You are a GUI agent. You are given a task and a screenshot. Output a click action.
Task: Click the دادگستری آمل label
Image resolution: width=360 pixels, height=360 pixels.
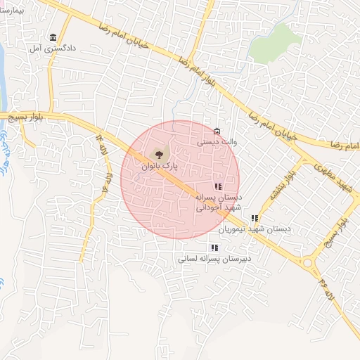pos(47,49)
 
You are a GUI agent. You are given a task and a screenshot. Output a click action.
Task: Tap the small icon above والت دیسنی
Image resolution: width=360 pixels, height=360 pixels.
pos(217,131)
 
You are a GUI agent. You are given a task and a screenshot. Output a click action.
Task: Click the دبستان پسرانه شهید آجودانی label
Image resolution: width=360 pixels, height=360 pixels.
pos(218,202)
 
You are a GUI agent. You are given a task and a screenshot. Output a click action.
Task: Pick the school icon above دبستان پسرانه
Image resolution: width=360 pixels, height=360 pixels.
pos(218,187)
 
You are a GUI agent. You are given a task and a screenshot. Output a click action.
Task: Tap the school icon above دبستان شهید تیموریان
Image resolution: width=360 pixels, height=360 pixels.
pos(255,218)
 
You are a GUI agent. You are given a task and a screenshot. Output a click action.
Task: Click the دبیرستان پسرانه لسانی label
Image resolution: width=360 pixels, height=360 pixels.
pos(214,258)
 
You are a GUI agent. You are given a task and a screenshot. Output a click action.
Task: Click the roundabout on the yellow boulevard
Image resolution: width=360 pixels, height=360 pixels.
pos(308,264)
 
